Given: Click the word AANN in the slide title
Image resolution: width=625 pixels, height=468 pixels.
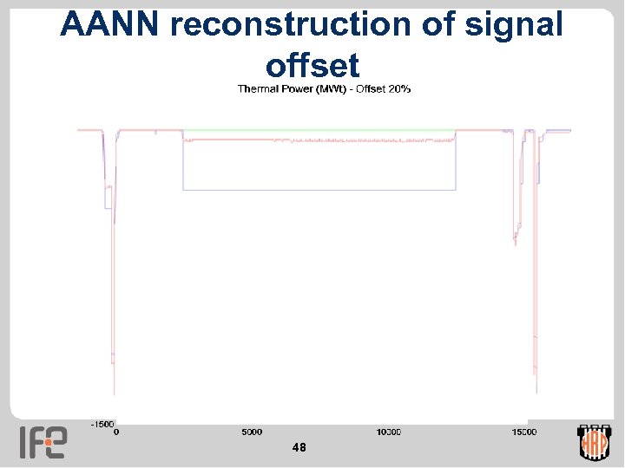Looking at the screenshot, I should click(x=110, y=25).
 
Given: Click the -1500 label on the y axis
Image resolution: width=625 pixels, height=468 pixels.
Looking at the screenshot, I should click(x=102, y=424).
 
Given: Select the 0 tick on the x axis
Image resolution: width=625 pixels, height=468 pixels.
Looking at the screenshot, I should click(x=117, y=432).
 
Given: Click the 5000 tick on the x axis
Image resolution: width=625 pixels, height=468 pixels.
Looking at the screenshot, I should click(x=252, y=432).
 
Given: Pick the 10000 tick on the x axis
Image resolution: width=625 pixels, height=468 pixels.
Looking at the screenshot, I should click(x=388, y=432).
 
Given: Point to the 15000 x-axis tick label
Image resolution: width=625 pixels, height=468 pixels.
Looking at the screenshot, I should click(x=523, y=432).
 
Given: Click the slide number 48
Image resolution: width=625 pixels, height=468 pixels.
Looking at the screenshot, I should click(x=299, y=447).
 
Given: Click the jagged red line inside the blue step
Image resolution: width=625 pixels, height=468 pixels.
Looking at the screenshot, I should click(x=347, y=140).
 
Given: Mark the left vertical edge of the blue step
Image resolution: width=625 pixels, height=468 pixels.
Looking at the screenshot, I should click(x=182, y=165).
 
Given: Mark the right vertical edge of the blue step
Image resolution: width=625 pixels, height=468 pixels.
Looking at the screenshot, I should click(x=456, y=165).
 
